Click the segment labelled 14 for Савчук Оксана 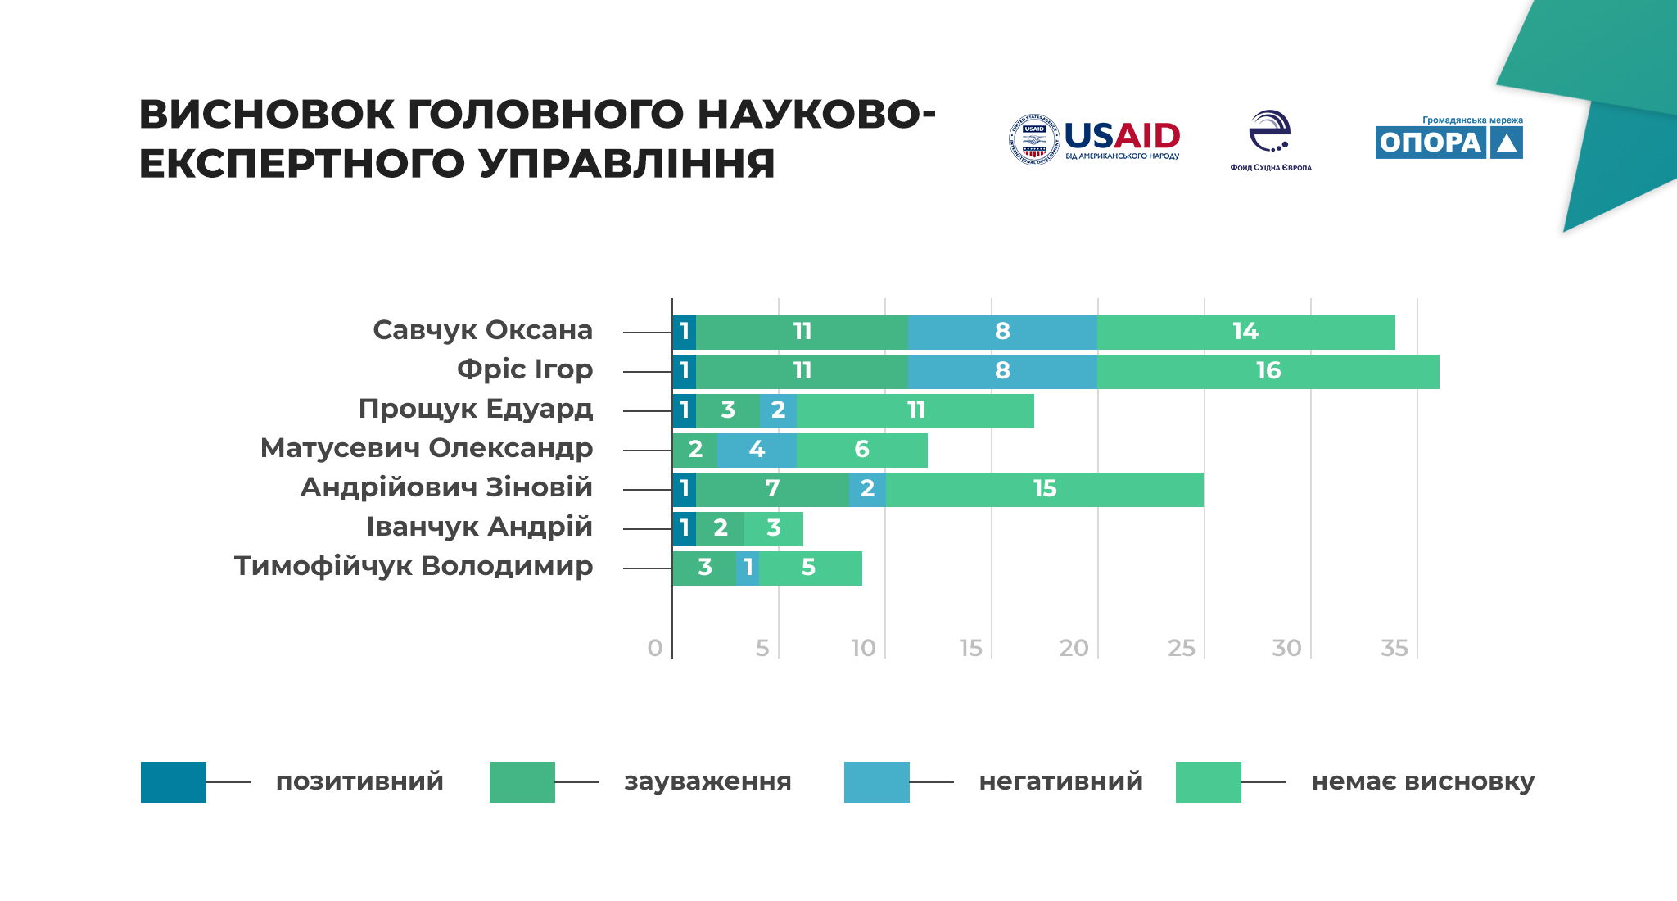tap(1245, 332)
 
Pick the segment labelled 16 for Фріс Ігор tap(1268, 371)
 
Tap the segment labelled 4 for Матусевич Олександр tap(757, 450)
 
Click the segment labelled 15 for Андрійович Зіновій tap(1044, 489)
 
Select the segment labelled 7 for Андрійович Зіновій tap(772, 489)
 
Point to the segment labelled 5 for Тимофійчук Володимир tap(810, 568)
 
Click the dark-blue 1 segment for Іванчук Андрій tap(685, 528)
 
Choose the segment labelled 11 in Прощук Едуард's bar tap(915, 410)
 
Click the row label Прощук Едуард tap(475, 409)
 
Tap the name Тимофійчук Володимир tap(413, 566)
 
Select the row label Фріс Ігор tap(524, 369)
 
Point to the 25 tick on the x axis tap(1181, 648)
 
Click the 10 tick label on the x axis tap(863, 648)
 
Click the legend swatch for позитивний tap(174, 781)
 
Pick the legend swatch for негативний tap(876, 781)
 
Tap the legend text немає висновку tap(1422, 781)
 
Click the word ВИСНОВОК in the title tap(264, 115)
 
